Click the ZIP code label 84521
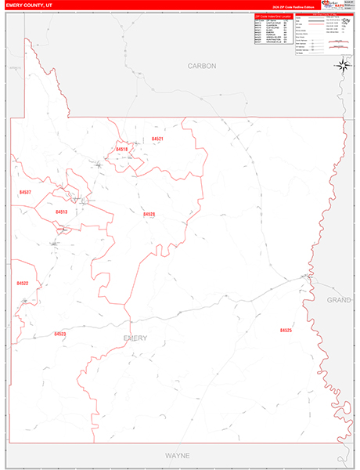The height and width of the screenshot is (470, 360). click(x=157, y=139)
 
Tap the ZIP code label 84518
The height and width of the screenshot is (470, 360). click(x=121, y=149)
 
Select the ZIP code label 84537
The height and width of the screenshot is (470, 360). click(x=25, y=192)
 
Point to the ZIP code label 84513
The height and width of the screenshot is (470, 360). click(x=61, y=212)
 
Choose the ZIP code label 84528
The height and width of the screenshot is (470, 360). click(x=149, y=214)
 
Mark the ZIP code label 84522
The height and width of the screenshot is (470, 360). click(x=22, y=284)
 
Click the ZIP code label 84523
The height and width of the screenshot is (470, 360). click(x=60, y=334)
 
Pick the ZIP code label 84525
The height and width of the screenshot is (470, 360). click(x=286, y=331)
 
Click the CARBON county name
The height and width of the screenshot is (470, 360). click(x=201, y=67)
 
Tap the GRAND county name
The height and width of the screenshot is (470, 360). click(x=339, y=300)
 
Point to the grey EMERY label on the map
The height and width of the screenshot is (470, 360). click(x=135, y=338)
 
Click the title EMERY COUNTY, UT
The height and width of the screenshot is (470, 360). click(x=27, y=5)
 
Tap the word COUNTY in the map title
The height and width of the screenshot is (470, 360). click(x=29, y=5)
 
